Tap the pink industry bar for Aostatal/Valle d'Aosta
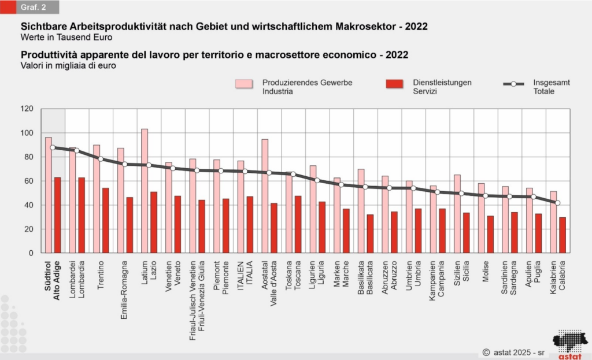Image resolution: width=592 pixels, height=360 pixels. click(x=265, y=196)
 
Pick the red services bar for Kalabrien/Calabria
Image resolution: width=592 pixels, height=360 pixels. click(x=562, y=235)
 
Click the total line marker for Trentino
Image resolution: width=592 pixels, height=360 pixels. click(x=101, y=159)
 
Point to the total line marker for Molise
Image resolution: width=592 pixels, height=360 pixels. click(x=486, y=196)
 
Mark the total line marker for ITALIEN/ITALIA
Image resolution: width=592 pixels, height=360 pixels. click(x=245, y=171)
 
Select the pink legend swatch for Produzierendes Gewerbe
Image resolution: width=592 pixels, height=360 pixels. click(x=244, y=84)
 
